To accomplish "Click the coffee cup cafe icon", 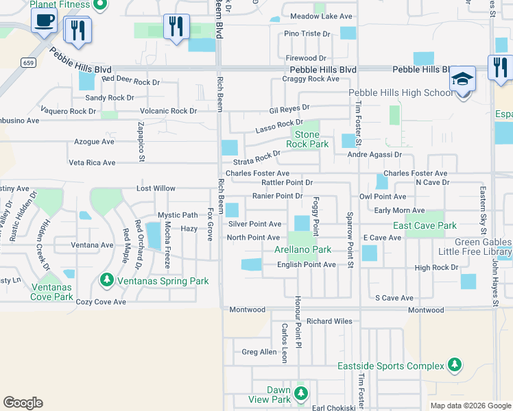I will [45, 21].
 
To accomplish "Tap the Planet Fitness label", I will [60, 4].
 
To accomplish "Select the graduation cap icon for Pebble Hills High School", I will [462, 78].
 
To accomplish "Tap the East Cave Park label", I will [425, 225].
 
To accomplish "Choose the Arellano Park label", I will [302, 250].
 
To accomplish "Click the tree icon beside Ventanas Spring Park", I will [106, 280].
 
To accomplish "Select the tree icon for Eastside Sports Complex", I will [454, 366].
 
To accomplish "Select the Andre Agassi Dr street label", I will [374, 155].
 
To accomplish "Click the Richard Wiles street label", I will [329, 321].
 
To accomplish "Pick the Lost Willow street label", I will [156, 188].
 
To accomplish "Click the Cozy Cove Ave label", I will [101, 301].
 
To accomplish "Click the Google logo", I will [23, 403].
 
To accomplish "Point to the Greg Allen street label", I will [259, 352].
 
